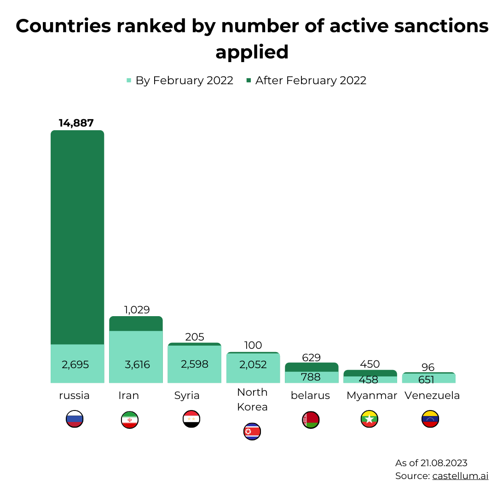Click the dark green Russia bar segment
click(x=77, y=237)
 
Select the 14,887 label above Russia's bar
click(x=76, y=123)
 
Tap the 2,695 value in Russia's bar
click(x=75, y=364)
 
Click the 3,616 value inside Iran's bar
click(x=137, y=364)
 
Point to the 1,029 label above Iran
click(x=137, y=310)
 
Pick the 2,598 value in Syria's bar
click(x=195, y=364)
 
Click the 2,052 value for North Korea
click(x=253, y=364)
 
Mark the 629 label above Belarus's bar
click(x=312, y=358)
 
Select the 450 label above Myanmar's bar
click(x=370, y=364)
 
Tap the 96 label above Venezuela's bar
click(x=428, y=367)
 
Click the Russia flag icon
click(x=75, y=419)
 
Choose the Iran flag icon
click(x=130, y=420)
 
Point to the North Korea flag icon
click(x=252, y=431)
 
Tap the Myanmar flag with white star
click(x=370, y=419)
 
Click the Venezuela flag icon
click(x=430, y=419)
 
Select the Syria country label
click(x=187, y=395)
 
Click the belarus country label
click(x=310, y=395)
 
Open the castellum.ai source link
click(x=460, y=476)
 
